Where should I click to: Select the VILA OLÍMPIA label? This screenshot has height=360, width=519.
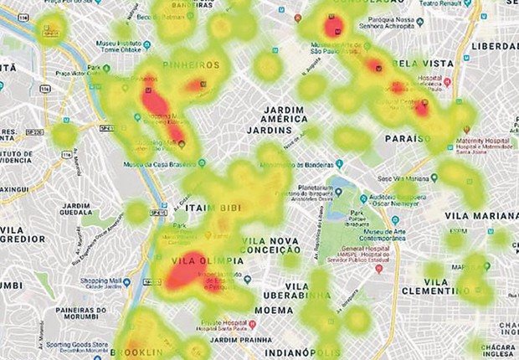pyautogui.click(x=208, y=260)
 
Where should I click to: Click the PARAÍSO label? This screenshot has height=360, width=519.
pyautogui.click(x=408, y=137)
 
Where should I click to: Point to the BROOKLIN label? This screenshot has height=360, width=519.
pyautogui.click(x=138, y=352)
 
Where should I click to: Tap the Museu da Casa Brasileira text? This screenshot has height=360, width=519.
pyautogui.click(x=158, y=165)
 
